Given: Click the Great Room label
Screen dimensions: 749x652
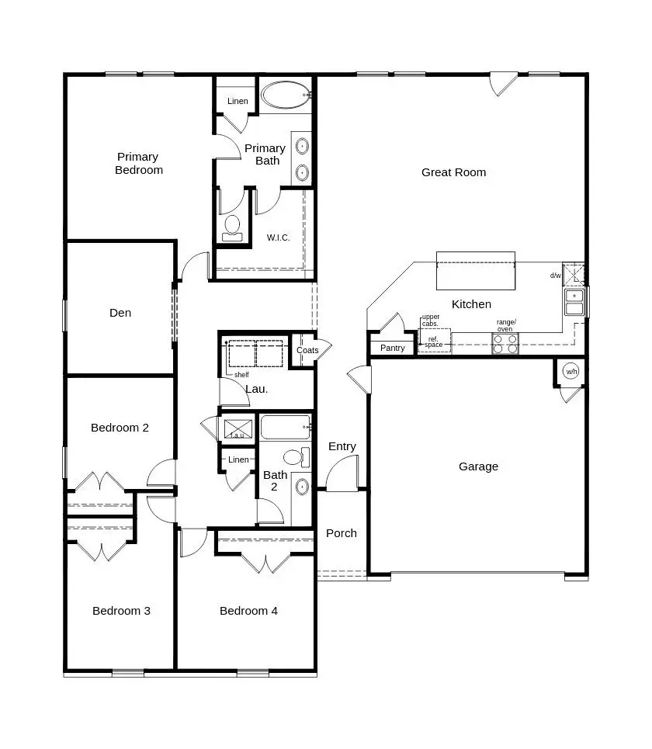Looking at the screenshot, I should pyautogui.click(x=453, y=172).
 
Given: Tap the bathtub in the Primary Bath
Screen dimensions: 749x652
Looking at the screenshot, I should pyautogui.click(x=285, y=95).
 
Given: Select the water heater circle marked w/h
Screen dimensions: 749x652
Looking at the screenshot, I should pyautogui.click(x=570, y=371).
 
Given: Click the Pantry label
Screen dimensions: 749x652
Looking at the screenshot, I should pyautogui.click(x=393, y=348).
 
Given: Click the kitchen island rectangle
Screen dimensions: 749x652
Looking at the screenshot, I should pyautogui.click(x=475, y=270).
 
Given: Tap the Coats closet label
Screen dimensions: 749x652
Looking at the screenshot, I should pyautogui.click(x=307, y=350).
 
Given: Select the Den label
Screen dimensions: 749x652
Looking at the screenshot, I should pyautogui.click(x=120, y=313).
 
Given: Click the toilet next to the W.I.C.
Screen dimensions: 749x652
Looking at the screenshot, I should pyautogui.click(x=232, y=227).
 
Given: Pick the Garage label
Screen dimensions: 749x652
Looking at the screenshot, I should pyautogui.click(x=478, y=466).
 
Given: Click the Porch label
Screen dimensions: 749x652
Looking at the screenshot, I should pyautogui.click(x=342, y=533).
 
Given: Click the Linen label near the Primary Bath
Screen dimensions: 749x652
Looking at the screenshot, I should pyautogui.click(x=238, y=102).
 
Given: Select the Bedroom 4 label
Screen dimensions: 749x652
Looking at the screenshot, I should pyautogui.click(x=248, y=611).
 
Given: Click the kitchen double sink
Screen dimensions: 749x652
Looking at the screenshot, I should pyautogui.click(x=574, y=302).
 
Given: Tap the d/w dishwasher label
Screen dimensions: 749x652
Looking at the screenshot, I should pyautogui.click(x=556, y=276).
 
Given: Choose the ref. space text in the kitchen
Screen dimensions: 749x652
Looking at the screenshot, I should pyautogui.click(x=434, y=342).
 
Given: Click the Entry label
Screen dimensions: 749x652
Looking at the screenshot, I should pyautogui.click(x=342, y=446).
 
